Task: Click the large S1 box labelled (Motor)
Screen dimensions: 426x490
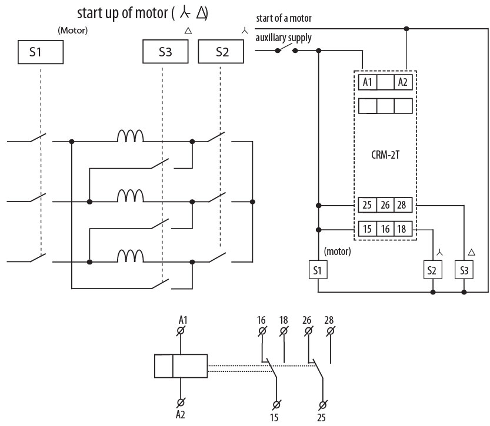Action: point(39,52)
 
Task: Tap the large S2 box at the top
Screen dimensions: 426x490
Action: point(222,52)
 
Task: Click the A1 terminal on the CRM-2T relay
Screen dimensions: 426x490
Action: point(367,82)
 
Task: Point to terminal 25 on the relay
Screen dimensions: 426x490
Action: point(367,206)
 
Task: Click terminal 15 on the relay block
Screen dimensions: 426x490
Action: point(367,229)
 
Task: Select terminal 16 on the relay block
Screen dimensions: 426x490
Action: point(385,229)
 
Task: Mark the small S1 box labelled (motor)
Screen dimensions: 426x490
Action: point(318,270)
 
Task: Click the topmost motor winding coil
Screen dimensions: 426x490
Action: point(131,137)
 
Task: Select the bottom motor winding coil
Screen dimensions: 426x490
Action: point(131,256)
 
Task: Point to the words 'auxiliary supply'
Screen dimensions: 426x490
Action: point(284,38)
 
